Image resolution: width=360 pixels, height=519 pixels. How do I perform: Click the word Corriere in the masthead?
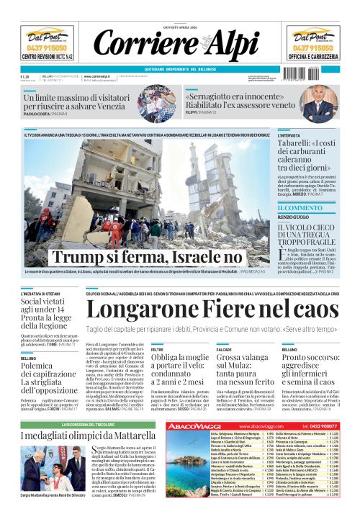pos(135,45)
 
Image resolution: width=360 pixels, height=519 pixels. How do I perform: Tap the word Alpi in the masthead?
pos(228,45)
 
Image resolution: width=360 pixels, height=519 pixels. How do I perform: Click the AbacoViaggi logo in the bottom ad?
pos(192,426)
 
